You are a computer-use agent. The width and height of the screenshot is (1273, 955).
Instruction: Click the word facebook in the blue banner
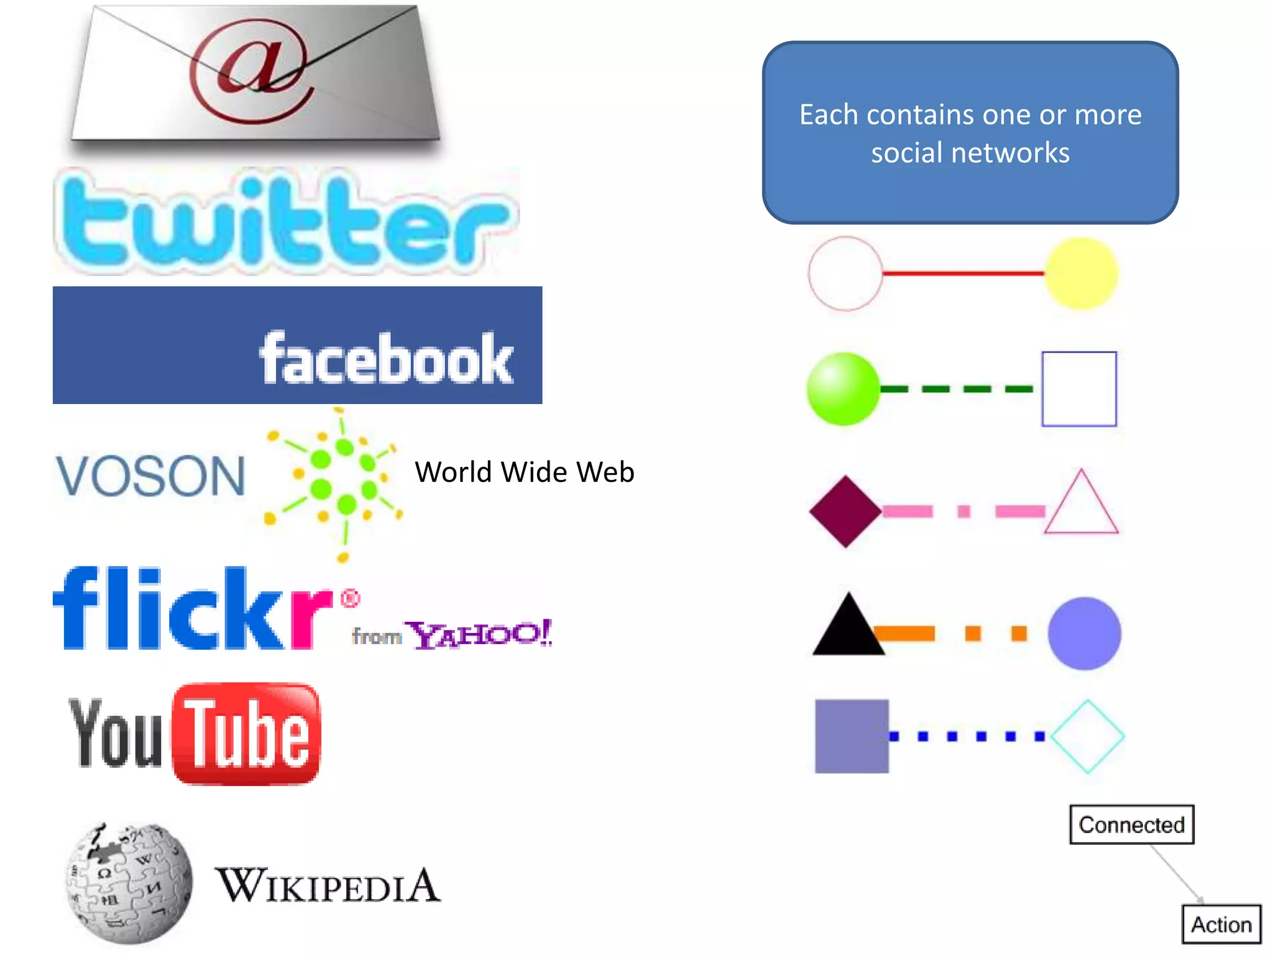click(x=386, y=359)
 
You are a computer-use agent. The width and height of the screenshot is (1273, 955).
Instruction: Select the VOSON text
click(x=151, y=476)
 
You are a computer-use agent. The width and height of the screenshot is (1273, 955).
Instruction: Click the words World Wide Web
click(x=524, y=472)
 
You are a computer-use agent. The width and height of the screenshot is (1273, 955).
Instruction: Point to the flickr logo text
click(x=193, y=610)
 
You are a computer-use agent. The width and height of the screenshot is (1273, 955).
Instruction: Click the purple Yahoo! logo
click(x=479, y=634)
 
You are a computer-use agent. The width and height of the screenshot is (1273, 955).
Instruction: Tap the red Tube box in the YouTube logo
click(x=246, y=734)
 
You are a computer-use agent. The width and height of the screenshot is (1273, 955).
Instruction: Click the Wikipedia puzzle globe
click(x=129, y=883)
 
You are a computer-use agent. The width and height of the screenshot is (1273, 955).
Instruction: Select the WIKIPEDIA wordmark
click(x=328, y=885)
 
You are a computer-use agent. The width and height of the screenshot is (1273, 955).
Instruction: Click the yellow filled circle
click(x=1081, y=274)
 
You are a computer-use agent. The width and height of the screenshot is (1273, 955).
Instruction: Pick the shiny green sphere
click(x=843, y=389)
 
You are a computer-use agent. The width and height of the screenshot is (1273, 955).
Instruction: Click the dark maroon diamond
click(x=845, y=512)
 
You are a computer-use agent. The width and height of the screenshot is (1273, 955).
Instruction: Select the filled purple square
click(x=852, y=736)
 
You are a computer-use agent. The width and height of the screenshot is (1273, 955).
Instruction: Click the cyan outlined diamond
click(x=1088, y=736)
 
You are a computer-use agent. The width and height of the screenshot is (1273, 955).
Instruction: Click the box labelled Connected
click(x=1131, y=824)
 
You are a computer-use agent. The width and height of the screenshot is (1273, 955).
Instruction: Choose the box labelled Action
click(x=1221, y=925)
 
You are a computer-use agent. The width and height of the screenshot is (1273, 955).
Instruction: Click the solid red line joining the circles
click(x=963, y=273)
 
